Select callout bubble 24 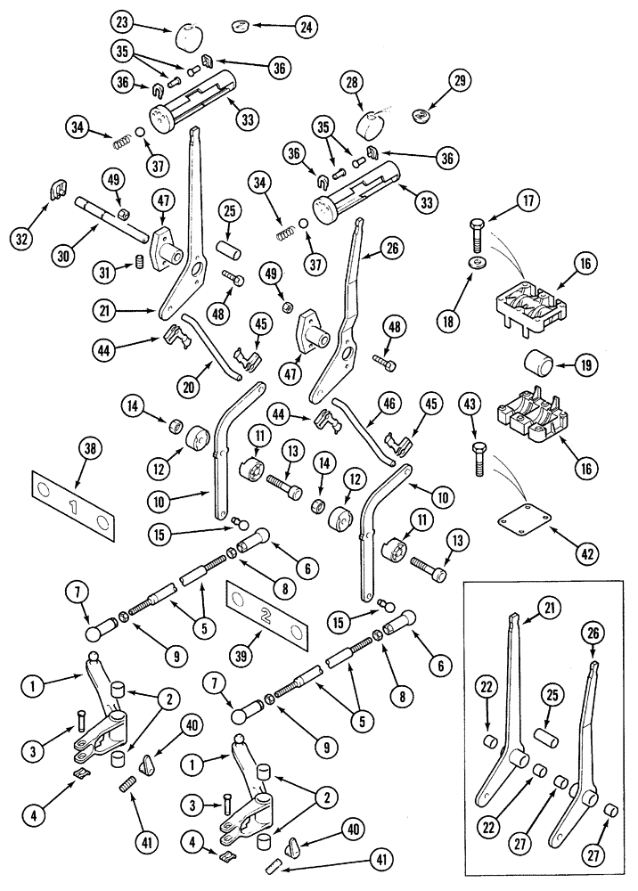click(x=306, y=27)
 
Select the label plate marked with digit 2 click(x=267, y=616)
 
